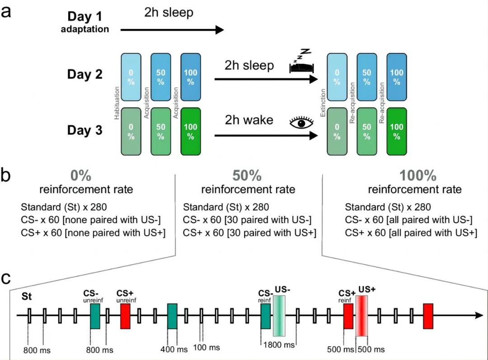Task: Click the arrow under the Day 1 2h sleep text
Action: tap(172, 30)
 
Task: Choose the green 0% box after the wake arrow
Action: tap(337, 131)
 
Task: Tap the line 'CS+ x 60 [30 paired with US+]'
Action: tap(249, 233)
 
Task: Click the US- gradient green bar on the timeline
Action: tap(279, 316)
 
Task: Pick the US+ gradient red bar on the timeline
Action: tap(362, 316)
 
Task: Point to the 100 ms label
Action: tap(206, 347)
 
